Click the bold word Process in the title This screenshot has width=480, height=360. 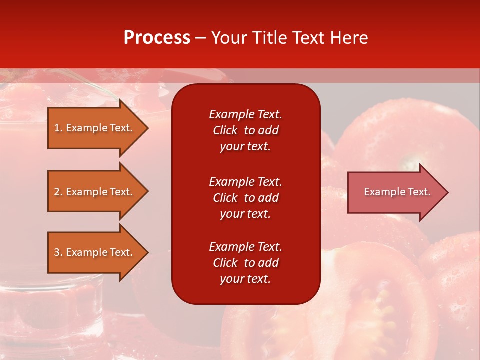(x=157, y=38)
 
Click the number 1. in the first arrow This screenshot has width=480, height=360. (x=58, y=128)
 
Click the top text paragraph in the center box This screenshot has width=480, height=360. (x=245, y=130)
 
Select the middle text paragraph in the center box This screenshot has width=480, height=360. (x=245, y=198)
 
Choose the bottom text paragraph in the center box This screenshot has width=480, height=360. (x=245, y=263)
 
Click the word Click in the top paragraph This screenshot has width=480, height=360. (x=225, y=130)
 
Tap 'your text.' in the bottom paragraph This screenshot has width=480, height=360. (x=245, y=279)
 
